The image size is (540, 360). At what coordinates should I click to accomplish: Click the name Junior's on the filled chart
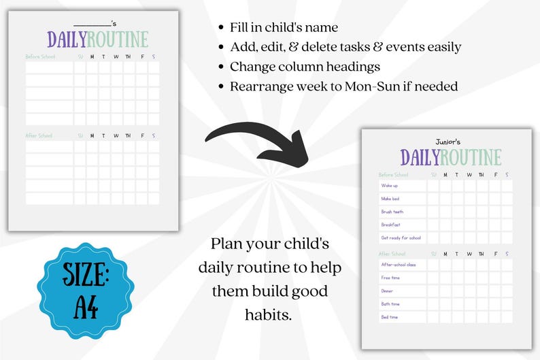[448, 142]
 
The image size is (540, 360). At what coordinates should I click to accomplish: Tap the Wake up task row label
[390, 186]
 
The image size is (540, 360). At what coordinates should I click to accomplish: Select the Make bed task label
[390, 199]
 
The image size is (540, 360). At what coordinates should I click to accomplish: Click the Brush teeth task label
[392, 212]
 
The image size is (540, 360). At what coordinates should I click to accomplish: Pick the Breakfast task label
[391, 225]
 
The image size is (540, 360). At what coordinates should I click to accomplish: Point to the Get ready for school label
[401, 238]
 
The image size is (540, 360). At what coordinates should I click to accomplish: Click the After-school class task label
[399, 265]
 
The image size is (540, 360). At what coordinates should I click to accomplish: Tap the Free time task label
[390, 278]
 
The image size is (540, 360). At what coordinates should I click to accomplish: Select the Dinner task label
[388, 291]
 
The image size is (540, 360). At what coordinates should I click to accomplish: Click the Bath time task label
[390, 304]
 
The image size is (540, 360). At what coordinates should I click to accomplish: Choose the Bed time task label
[390, 317]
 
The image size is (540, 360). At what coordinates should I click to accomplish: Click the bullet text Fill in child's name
[284, 28]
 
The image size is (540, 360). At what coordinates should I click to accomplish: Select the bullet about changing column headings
[305, 67]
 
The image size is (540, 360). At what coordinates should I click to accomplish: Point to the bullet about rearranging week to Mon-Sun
[343, 87]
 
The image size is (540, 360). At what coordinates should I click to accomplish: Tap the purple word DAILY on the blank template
[67, 39]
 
